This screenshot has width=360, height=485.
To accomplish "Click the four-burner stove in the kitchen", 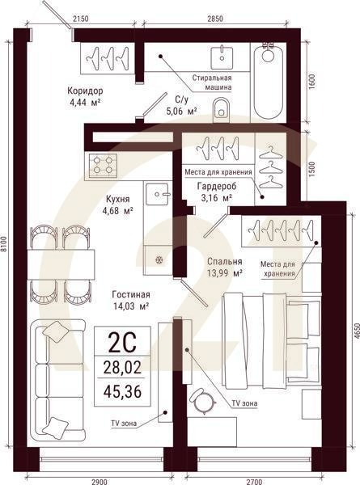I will click(104, 165).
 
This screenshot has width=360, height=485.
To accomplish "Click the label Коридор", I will click(85, 91).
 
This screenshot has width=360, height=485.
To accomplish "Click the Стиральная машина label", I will click(213, 82).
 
